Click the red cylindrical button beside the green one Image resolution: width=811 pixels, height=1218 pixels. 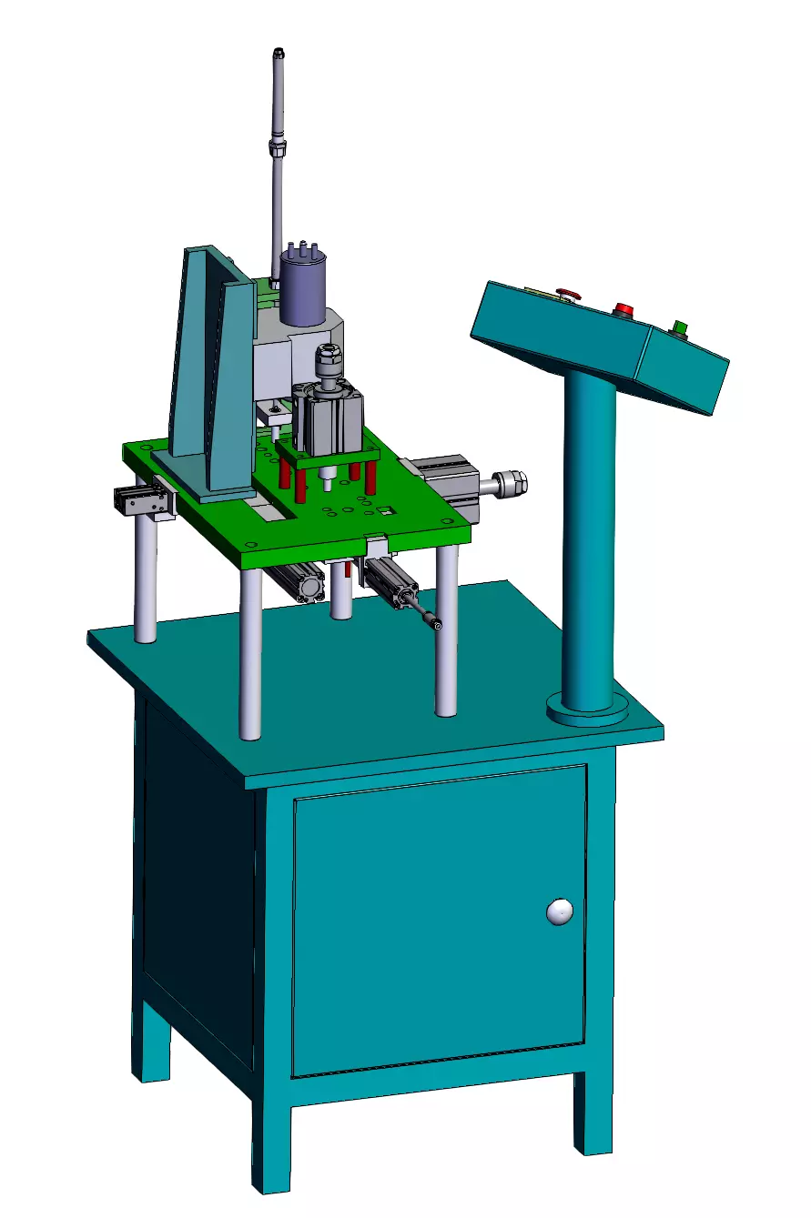click(x=624, y=309)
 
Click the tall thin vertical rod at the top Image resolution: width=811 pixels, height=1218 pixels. click(x=279, y=155)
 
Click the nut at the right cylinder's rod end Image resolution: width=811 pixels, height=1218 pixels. click(x=515, y=482)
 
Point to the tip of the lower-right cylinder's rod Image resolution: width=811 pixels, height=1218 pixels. click(x=437, y=624)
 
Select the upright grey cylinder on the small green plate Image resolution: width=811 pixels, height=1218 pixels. click(x=327, y=418)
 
